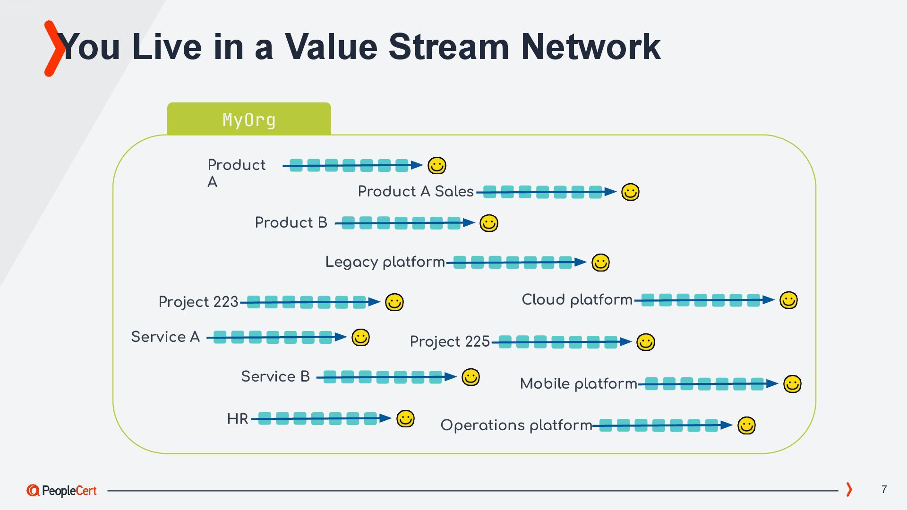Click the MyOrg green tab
pyautogui.click(x=249, y=119)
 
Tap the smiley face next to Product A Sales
pyautogui.click(x=630, y=192)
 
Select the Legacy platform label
pyautogui.click(x=385, y=262)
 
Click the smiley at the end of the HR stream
pyautogui.click(x=405, y=419)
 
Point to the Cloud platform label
pyautogui.click(x=577, y=299)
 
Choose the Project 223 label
pyautogui.click(x=198, y=302)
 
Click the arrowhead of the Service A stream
pyautogui.click(x=341, y=337)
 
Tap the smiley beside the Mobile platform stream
pyautogui.click(x=792, y=384)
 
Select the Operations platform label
pyautogui.click(x=516, y=425)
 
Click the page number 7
pyautogui.click(x=884, y=489)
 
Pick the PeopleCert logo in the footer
pyautogui.click(x=62, y=491)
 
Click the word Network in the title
pyautogui.click(x=590, y=47)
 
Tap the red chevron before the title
pyautogui.click(x=53, y=48)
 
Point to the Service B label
pyautogui.click(x=275, y=376)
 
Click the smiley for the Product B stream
pyautogui.click(x=488, y=223)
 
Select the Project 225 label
pyautogui.click(x=450, y=341)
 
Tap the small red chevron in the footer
pyautogui.click(x=849, y=489)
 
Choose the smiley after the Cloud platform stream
pyautogui.click(x=788, y=300)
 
